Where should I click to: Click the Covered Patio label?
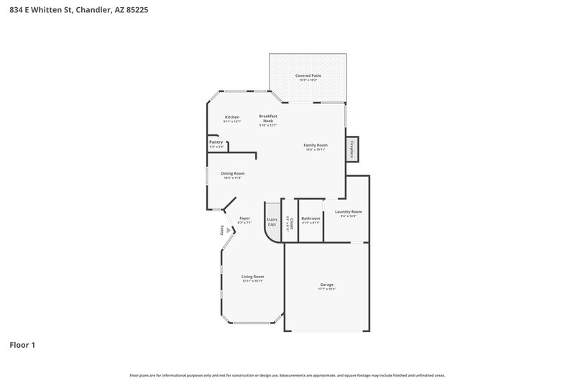tap(308, 75)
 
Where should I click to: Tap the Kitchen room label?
tap(231, 117)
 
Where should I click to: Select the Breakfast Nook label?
tap(268, 119)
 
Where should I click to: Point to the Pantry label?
tap(216, 142)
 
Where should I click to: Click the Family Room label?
tap(316, 145)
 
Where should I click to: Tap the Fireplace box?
tap(352, 149)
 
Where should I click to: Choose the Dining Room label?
tap(232, 173)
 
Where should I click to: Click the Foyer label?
tap(244, 218)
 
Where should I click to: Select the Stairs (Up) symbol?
tap(272, 221)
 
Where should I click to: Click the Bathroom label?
tap(310, 218)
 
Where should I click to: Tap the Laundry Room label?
tap(348, 212)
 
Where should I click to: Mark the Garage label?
tap(327, 285)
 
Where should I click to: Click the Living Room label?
tap(252, 277)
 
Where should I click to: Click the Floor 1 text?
tap(22, 345)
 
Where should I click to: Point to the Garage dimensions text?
tap(327, 289)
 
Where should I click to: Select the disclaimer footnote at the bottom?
tap(287, 375)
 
